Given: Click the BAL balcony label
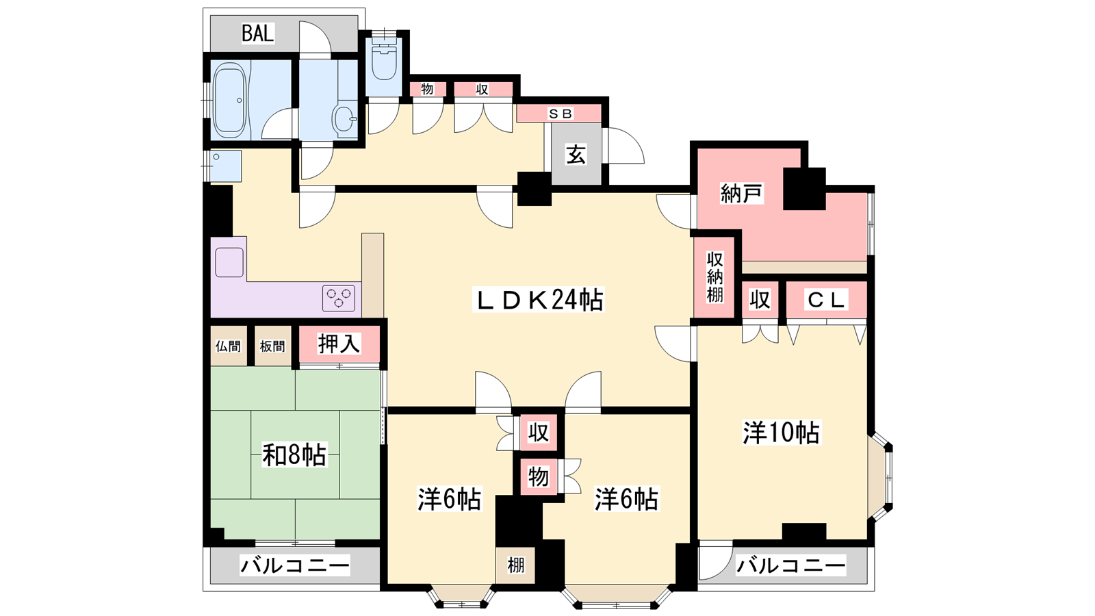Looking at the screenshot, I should pyautogui.click(x=257, y=33).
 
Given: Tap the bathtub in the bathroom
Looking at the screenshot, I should pyautogui.click(x=229, y=99).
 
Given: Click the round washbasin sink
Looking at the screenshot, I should pyautogui.click(x=344, y=118).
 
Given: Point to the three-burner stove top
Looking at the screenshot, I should pyautogui.click(x=339, y=298).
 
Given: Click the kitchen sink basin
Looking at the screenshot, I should pyautogui.click(x=229, y=262).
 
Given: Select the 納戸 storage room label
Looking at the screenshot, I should pyautogui.click(x=741, y=194).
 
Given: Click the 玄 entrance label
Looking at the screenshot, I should pyautogui.click(x=576, y=155).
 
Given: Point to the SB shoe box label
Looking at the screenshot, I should pyautogui.click(x=560, y=114).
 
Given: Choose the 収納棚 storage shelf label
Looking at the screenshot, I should pyautogui.click(x=714, y=277).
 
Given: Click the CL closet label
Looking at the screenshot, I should pyautogui.click(x=826, y=300).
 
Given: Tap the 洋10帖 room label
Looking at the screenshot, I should pyautogui.click(x=781, y=433).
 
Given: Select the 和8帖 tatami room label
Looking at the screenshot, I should pyautogui.click(x=294, y=454).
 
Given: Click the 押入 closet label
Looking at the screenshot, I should pyautogui.click(x=339, y=344).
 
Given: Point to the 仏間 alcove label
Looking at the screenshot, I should pyautogui.click(x=228, y=346).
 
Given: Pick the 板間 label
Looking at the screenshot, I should pyautogui.click(x=272, y=346).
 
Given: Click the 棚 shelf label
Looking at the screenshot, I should pyautogui.click(x=515, y=565).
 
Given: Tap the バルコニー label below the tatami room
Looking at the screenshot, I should pyautogui.click(x=295, y=565).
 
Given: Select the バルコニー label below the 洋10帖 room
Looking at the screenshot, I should pyautogui.click(x=790, y=565).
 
